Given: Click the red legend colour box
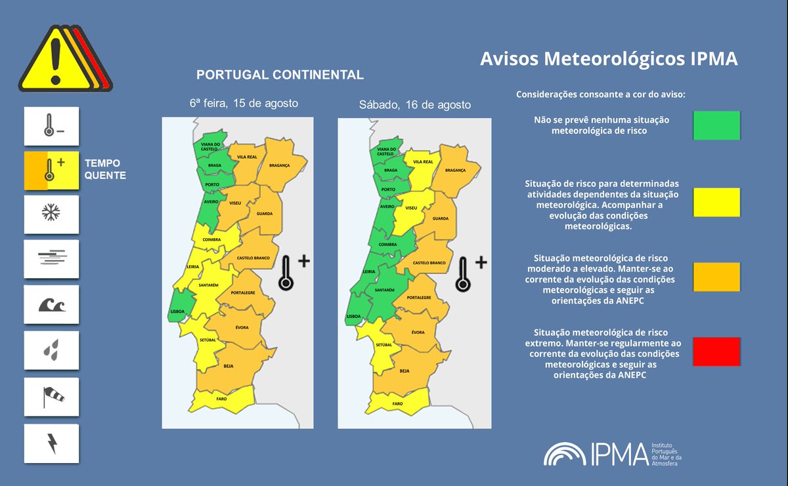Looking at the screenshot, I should click(716, 352).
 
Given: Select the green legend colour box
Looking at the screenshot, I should click(716, 125).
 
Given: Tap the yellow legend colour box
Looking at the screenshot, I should click(716, 202).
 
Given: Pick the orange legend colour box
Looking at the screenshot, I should click(716, 276).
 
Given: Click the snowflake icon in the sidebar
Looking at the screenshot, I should click(51, 213).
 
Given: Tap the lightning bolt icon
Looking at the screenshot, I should click(51, 443).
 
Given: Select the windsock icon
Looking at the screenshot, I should click(51, 397).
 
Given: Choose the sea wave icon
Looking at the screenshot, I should click(51, 305).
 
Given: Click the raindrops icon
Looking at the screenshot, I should click(51, 351).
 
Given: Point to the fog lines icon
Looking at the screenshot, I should click(51, 259).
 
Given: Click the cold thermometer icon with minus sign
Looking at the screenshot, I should click(51, 127).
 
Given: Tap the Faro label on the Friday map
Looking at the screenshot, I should click(221, 399).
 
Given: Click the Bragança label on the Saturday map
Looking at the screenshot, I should click(455, 170).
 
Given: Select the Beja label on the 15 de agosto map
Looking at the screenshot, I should click(228, 366).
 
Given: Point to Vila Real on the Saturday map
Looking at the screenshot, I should click(423, 161).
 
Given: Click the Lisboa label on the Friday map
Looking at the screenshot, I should click(177, 312).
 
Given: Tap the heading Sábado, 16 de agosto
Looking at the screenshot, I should click(414, 105).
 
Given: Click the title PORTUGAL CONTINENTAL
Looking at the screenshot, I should click(280, 75).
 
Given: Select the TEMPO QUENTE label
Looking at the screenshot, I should click(104, 169).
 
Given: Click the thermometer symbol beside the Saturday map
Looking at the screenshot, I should click(464, 273).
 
